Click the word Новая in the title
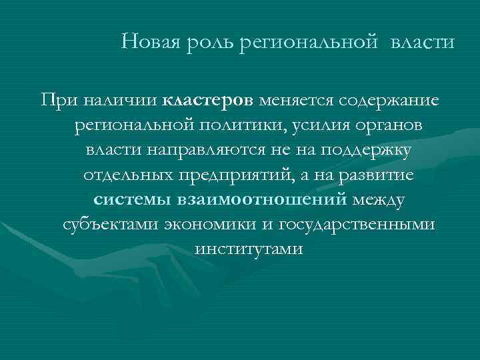[147, 43]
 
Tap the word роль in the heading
[200, 43]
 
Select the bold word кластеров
[207, 101]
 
